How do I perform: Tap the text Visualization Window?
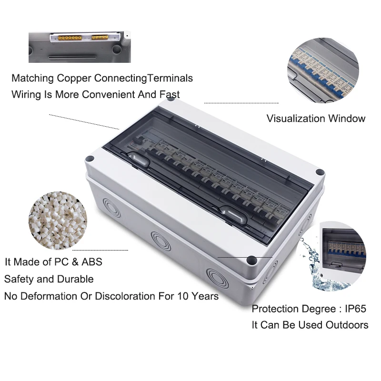pos(316,119)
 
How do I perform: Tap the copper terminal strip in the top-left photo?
pos(81,37)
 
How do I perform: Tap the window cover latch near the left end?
pos(138,160)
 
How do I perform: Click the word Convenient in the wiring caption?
pos(109,94)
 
